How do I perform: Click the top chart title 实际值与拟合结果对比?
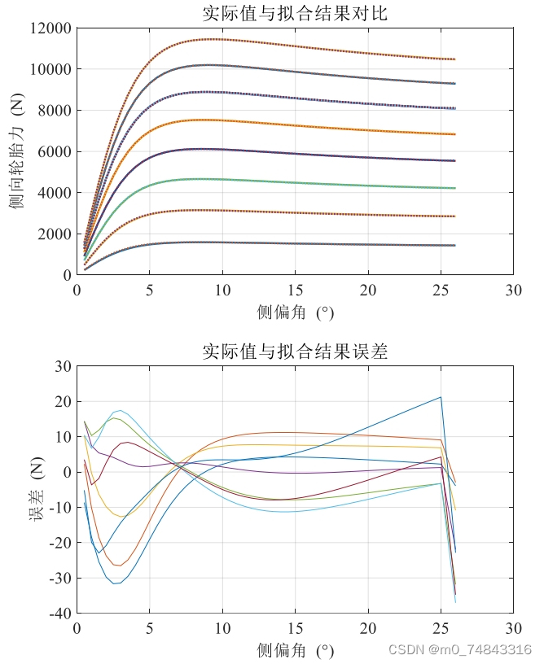(x=295, y=13)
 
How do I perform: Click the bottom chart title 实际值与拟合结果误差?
(x=295, y=352)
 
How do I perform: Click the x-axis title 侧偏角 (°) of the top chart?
(x=295, y=312)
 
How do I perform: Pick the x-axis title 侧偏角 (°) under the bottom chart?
(x=295, y=651)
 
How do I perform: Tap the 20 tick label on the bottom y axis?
(x=63, y=402)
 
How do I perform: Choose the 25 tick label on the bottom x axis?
(x=441, y=629)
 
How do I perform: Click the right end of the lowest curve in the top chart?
(x=454, y=245)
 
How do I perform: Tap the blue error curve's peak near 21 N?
(x=441, y=397)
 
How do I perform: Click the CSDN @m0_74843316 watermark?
(x=460, y=649)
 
